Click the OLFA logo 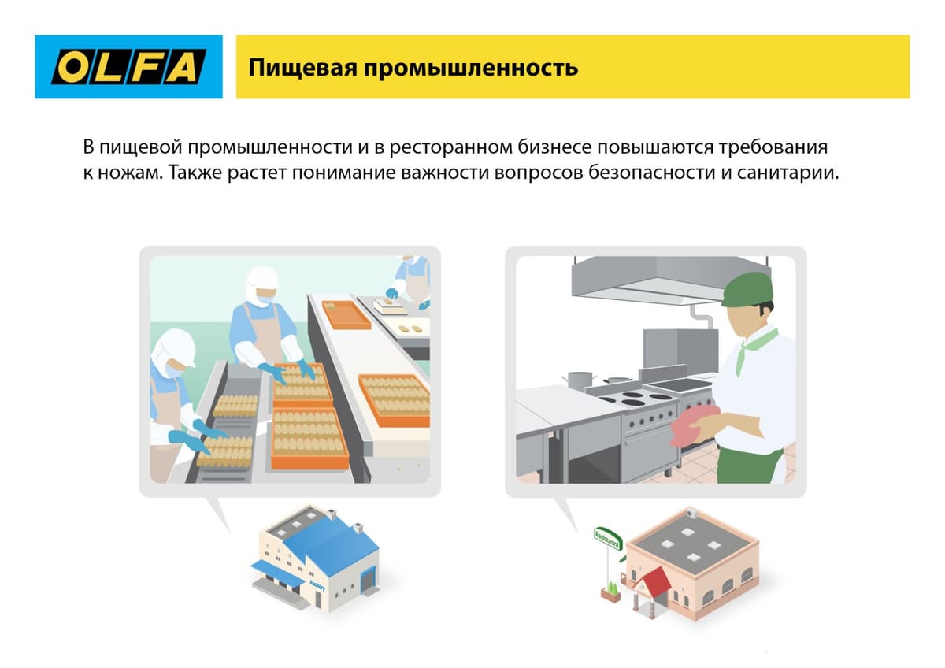[x=128, y=67]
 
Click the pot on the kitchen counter [x=580, y=379]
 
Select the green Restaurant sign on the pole [x=607, y=540]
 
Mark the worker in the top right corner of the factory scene [x=412, y=280]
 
